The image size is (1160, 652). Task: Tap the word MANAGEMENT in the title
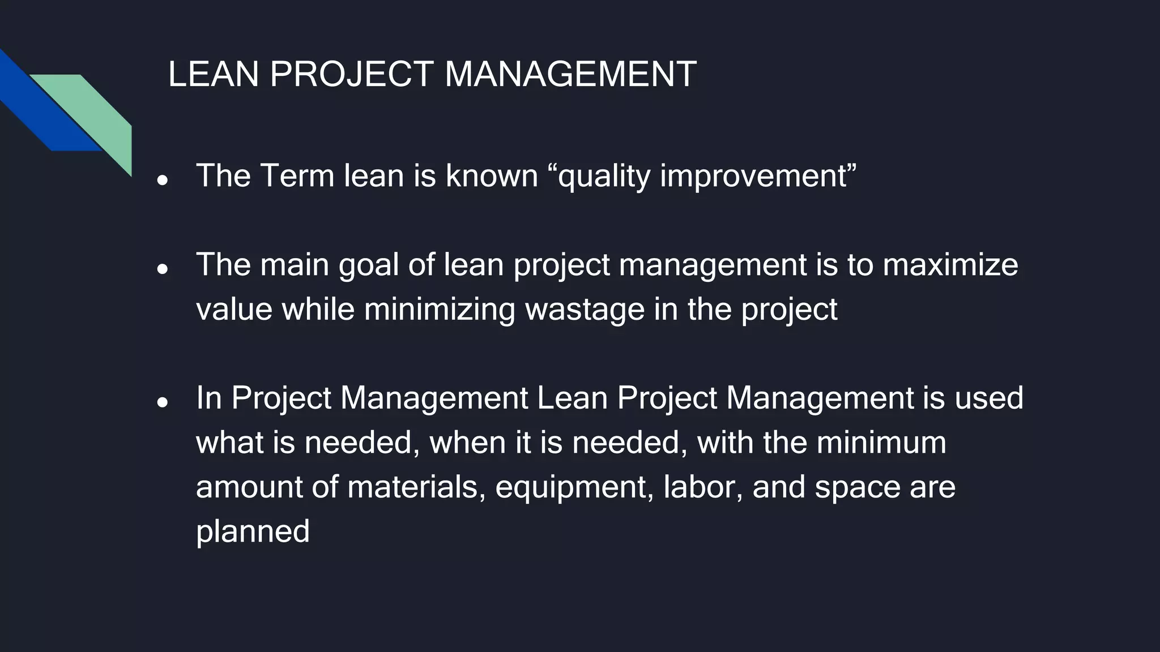[x=570, y=74]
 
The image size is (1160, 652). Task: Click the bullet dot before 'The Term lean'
[x=163, y=181]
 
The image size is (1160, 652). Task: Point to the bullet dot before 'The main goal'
[x=163, y=269]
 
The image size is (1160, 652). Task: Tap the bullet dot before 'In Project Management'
[x=163, y=402]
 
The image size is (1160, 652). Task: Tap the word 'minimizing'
[x=440, y=310]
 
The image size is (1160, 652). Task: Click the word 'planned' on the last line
[x=253, y=533]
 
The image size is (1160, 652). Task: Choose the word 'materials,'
[x=416, y=487]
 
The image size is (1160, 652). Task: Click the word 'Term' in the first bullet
[x=297, y=176]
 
